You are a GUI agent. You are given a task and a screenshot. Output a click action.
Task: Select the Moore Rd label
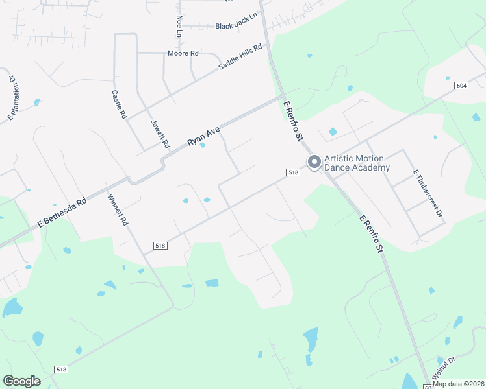[183, 53]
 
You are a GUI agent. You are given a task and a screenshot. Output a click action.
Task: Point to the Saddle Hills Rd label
[240, 57]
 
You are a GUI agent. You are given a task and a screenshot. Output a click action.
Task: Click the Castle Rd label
[118, 104]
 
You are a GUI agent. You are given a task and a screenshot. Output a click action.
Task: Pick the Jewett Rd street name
[160, 133]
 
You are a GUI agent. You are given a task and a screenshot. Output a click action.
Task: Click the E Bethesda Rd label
[62, 212]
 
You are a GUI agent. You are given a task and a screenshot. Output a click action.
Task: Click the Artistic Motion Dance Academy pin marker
[314, 162]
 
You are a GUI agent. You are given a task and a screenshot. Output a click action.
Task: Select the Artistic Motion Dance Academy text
[357, 163]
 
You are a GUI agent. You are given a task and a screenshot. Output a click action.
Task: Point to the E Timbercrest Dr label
[428, 193]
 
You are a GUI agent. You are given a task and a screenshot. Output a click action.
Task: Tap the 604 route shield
[461, 86]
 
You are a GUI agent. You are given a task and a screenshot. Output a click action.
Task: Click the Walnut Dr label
[444, 368]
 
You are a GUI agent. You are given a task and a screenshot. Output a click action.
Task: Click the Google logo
[21, 381]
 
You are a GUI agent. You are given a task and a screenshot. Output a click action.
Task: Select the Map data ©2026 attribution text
[458, 384]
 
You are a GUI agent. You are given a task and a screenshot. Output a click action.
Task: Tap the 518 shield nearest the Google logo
[61, 369]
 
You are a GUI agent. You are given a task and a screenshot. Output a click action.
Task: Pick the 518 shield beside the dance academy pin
[292, 172]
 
